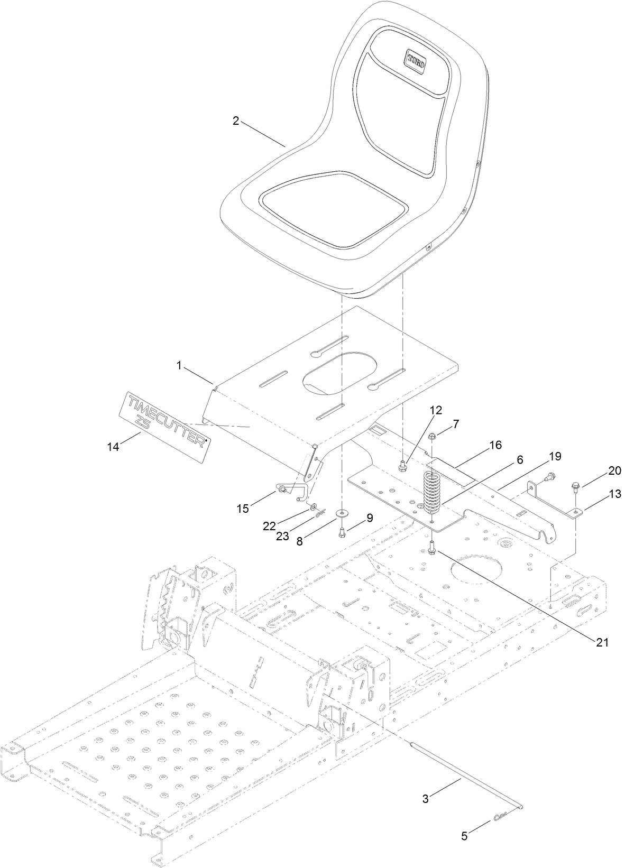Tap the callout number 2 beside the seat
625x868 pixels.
click(236, 121)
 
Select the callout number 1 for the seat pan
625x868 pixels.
click(179, 366)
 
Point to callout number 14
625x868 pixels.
click(113, 447)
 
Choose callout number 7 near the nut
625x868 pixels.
click(455, 423)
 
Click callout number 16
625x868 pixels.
click(495, 445)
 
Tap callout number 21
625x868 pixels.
click(603, 643)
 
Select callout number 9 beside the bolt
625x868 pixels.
click(368, 519)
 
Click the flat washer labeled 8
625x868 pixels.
click(343, 512)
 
